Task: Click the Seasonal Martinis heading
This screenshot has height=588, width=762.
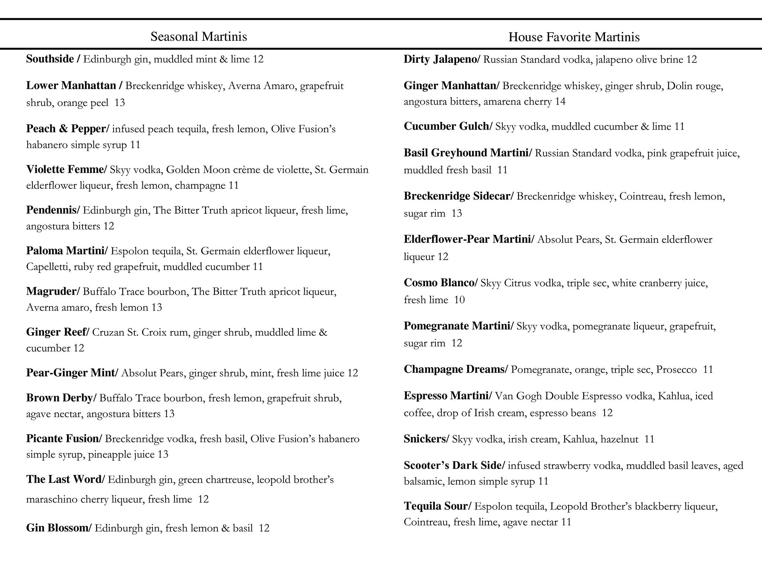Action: coord(199,36)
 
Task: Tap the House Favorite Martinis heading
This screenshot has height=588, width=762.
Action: coord(574,37)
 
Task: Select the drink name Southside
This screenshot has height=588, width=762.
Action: coord(50,59)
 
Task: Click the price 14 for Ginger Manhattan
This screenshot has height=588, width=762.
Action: coord(560,101)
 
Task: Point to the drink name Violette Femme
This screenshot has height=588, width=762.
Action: coord(65,169)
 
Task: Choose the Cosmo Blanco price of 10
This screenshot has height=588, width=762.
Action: coord(460,300)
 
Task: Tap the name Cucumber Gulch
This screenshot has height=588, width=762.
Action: coord(446,126)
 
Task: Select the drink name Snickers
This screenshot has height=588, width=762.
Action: coord(425,439)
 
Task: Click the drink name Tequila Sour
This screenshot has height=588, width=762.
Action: coord(436,506)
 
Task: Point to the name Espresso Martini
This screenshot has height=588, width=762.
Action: coord(446,396)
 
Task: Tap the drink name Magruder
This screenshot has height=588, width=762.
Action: coord(51,291)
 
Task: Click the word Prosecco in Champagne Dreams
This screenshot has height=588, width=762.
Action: coord(676,370)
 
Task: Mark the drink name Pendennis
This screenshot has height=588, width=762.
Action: coord(51,210)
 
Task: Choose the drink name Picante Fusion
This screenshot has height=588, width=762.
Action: coord(62,439)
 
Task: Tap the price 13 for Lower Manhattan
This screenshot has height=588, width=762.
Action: coord(119,103)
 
